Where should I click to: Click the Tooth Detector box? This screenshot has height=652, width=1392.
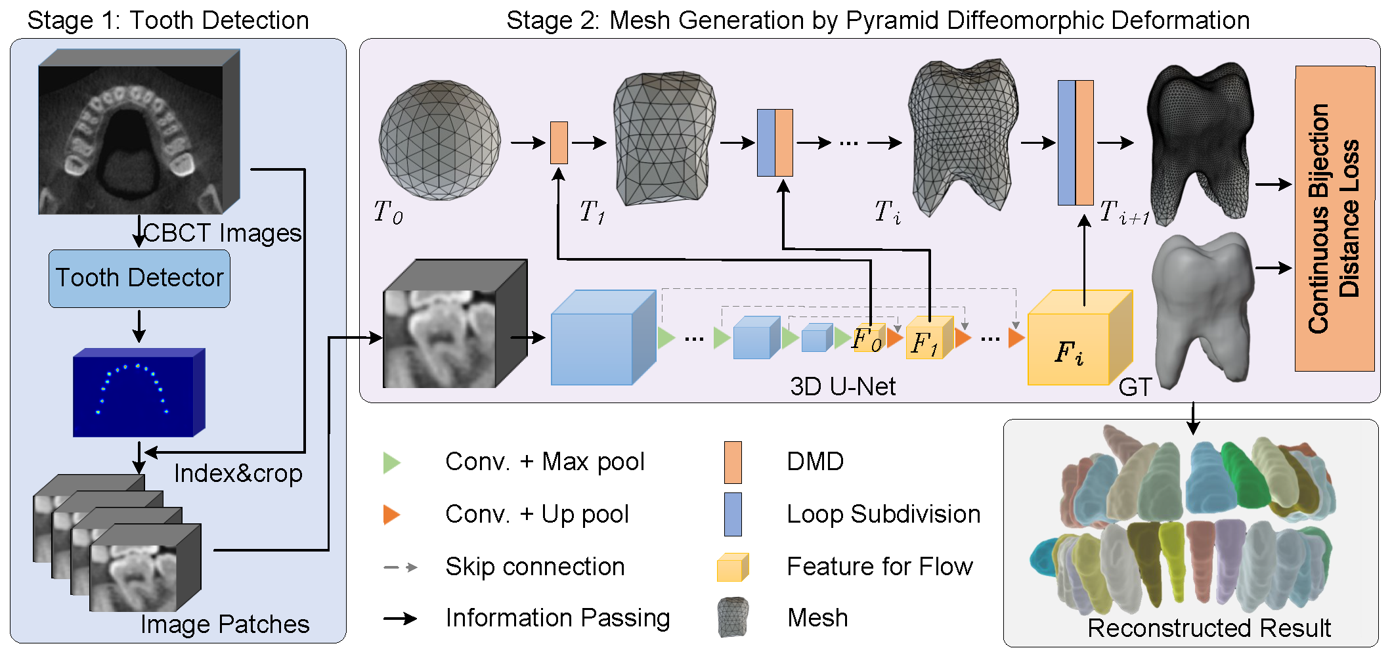(139, 278)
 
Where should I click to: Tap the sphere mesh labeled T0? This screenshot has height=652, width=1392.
(439, 140)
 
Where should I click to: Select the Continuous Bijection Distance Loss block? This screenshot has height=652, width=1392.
(1334, 219)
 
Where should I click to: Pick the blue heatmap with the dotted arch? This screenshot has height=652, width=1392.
(138, 393)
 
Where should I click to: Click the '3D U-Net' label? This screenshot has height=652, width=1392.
(842, 387)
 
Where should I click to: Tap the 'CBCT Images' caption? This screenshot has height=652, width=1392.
(222, 233)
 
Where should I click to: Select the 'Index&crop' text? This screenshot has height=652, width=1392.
(238, 473)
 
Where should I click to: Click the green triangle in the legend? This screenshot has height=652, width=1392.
(391, 462)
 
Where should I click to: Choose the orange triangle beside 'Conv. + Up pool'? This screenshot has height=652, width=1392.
(391, 514)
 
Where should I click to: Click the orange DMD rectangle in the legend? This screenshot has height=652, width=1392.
(733, 462)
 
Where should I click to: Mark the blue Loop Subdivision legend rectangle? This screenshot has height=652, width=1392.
(733, 514)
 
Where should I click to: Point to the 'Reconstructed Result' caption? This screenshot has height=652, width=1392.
(1209, 628)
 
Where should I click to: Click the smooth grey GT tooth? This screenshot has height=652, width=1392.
(1202, 309)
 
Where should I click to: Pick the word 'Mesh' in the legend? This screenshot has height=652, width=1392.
(817, 618)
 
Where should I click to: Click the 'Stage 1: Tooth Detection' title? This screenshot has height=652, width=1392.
(168, 20)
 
